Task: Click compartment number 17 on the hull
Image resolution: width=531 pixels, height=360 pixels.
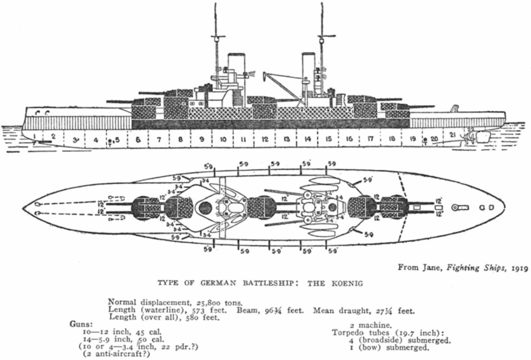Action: click(x=370, y=139)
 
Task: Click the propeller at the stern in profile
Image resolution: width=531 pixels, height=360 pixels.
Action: click(x=470, y=138)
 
